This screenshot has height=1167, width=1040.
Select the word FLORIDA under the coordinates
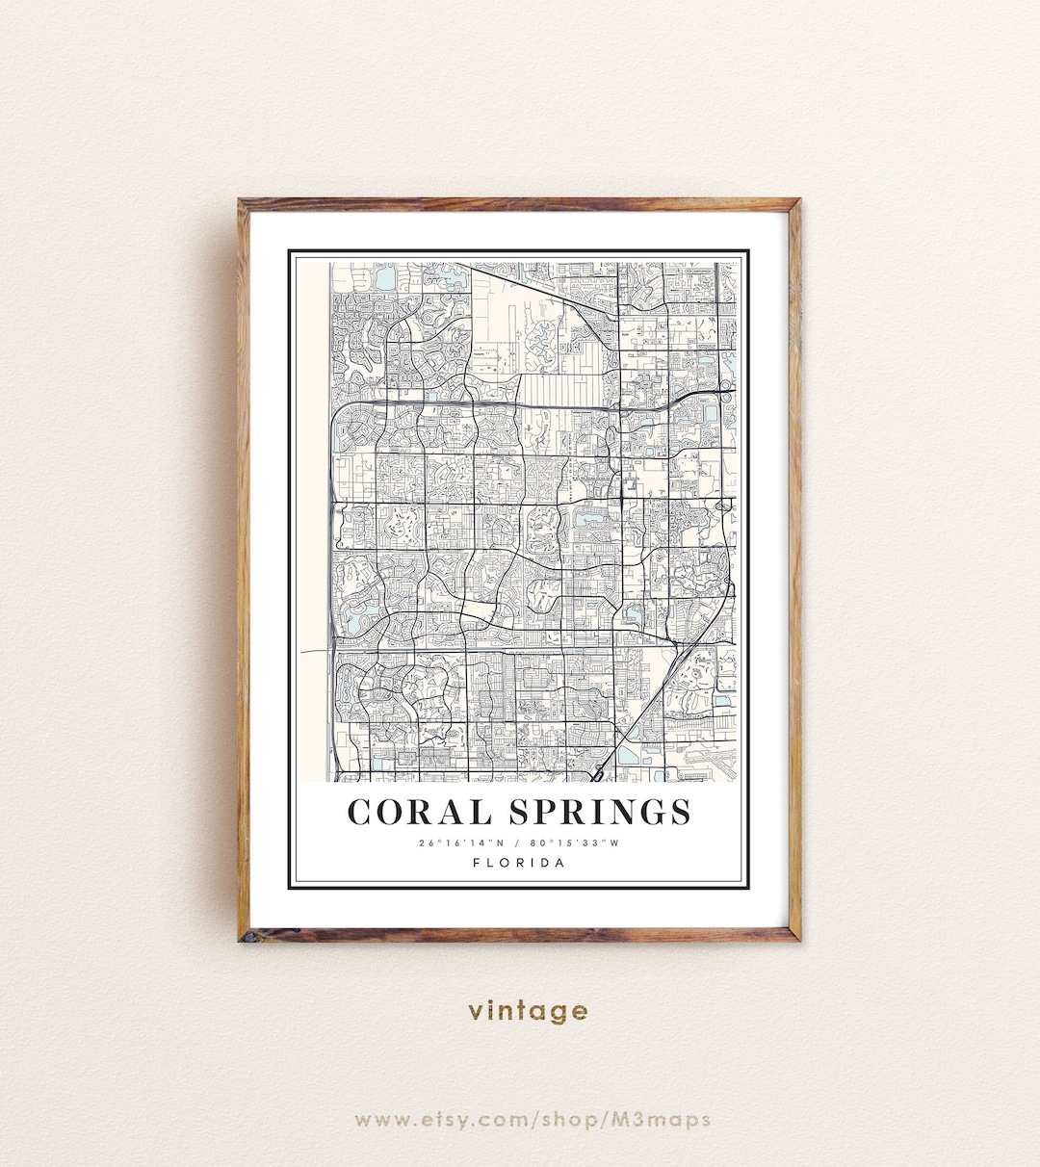pos(519,863)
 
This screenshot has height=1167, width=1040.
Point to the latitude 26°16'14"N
pos(461,844)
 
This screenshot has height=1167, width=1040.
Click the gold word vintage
pos(528,1011)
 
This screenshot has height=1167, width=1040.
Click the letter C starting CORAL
pos(360,813)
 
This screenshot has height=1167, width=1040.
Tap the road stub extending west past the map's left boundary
pos(313,652)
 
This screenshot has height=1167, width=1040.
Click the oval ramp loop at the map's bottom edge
pos(599,770)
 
